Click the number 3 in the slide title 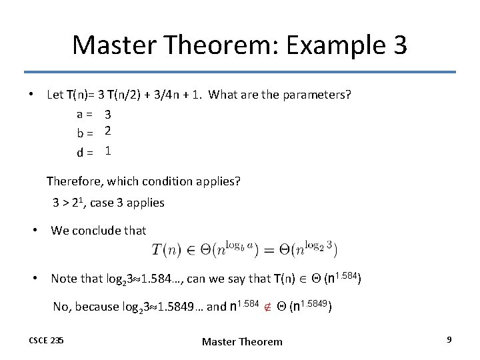click(x=397, y=45)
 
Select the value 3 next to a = click(x=107, y=115)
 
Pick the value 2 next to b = click(x=107, y=132)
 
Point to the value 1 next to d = click(x=107, y=151)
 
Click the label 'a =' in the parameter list click(x=84, y=115)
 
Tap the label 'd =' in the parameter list click(x=84, y=152)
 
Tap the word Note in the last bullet click(x=63, y=279)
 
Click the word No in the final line click(x=61, y=307)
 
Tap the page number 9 click(x=449, y=340)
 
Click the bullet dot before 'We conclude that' click(x=38, y=231)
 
